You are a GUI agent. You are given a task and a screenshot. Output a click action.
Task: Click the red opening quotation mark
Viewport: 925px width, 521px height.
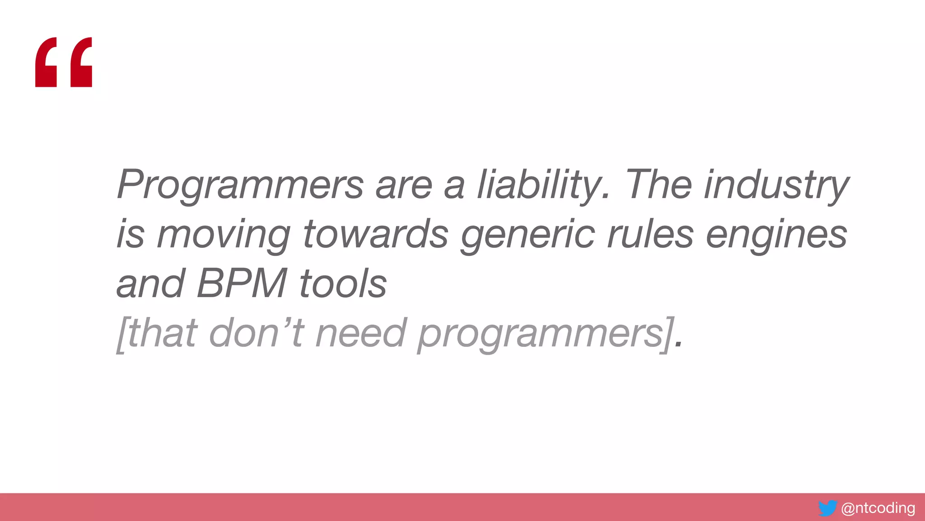64,62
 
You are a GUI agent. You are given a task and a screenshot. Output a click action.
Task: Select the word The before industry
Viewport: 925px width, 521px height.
658,185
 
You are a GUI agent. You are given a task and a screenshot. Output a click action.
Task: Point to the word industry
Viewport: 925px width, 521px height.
777,185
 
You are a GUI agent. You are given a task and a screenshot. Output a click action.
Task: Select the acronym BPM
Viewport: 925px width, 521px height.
242,284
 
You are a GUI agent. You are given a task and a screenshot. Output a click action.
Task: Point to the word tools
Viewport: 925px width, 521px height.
343,284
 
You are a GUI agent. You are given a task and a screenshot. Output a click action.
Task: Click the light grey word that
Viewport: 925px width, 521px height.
163,334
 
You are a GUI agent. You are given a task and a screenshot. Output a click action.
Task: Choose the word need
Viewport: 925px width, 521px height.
361,334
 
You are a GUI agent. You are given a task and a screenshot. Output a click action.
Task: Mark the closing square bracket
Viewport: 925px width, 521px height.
668,335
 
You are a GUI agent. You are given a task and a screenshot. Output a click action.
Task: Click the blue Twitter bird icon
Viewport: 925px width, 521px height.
827,508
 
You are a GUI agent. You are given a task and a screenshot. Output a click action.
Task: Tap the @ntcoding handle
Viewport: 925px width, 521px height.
878,508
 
